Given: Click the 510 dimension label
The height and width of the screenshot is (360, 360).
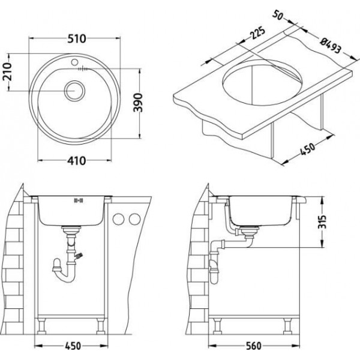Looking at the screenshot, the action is (77, 38).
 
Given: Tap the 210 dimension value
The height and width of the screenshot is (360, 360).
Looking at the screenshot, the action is (7, 71).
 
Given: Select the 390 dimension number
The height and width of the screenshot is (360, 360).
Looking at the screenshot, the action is (138, 103).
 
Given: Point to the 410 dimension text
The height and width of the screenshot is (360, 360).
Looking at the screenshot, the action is (77, 160).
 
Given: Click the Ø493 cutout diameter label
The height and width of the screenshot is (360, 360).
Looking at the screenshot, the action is (331, 46).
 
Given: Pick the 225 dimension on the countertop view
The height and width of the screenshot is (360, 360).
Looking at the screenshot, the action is (257, 33).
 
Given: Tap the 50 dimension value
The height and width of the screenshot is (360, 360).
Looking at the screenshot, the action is (278, 15).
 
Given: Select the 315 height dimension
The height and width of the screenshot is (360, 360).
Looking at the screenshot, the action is (323, 222).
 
